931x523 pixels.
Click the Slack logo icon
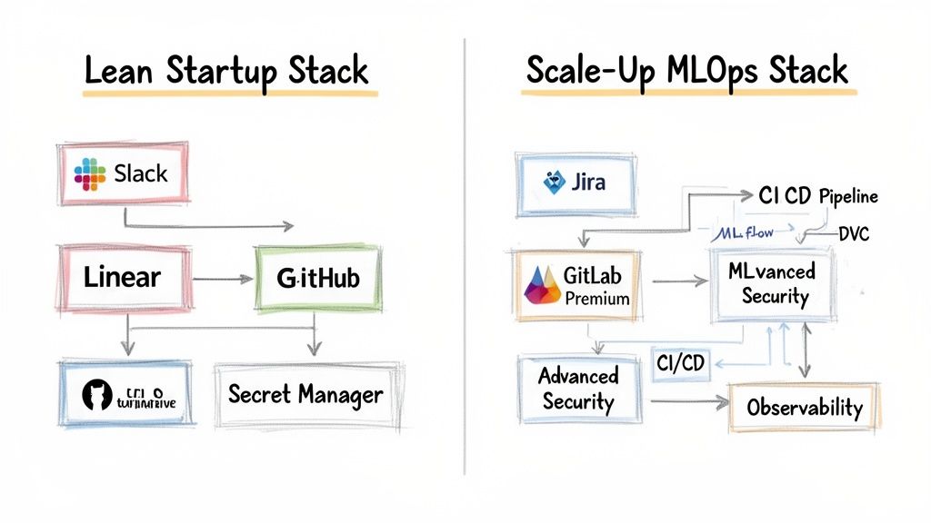tap(90, 173)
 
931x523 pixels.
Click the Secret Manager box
tap(305, 395)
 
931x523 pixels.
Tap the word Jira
tap(590, 182)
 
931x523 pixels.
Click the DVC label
tap(852, 235)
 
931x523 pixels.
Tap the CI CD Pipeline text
tap(816, 196)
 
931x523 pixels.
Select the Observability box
tap(804, 407)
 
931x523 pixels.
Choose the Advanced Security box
tap(578, 389)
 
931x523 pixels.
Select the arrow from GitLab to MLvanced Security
tap(680, 282)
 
